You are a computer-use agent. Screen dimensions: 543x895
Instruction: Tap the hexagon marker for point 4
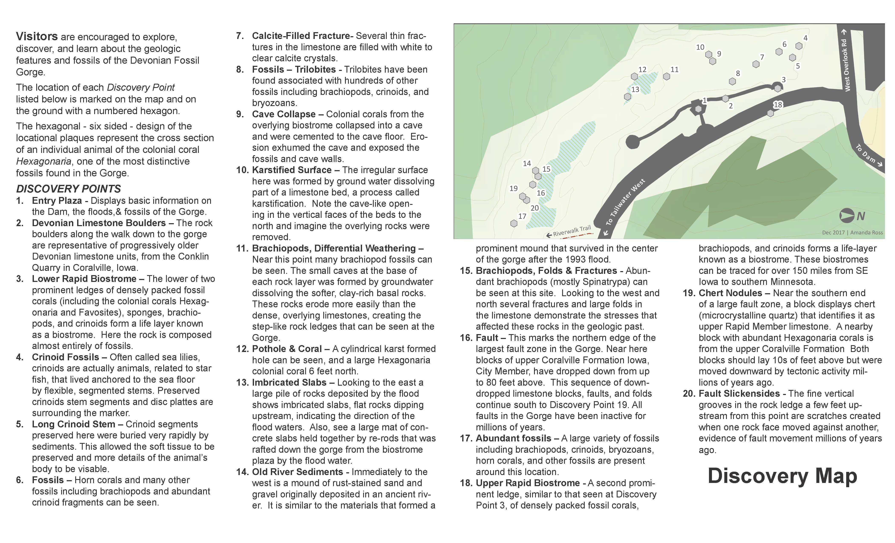pos(799,46)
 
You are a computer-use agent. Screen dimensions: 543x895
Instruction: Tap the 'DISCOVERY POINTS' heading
pos(68,189)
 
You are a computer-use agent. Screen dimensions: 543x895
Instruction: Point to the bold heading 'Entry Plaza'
pos(57,201)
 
